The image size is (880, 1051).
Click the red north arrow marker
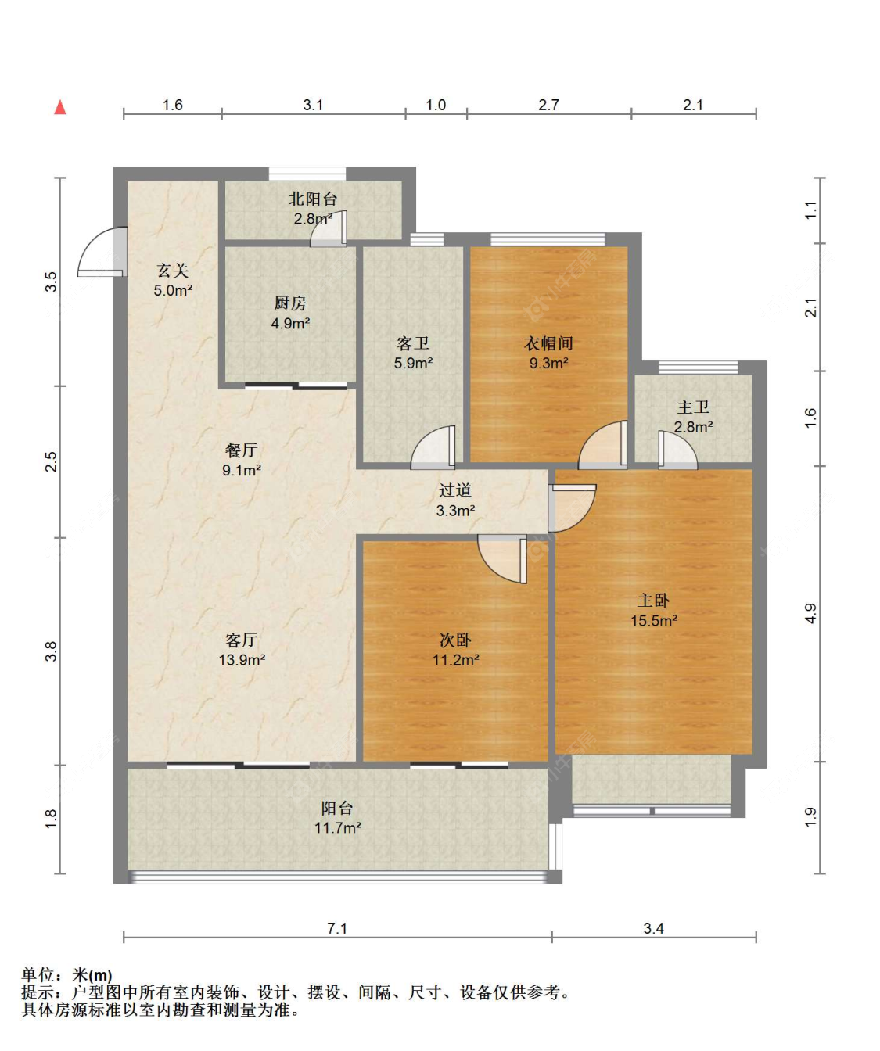pos(60,107)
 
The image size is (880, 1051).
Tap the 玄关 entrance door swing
pos(104,252)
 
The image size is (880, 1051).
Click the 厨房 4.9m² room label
pos(290,313)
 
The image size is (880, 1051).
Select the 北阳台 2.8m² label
pos(313,209)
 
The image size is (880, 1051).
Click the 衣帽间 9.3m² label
pos(548,353)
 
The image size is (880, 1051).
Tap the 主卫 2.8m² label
pos(693,417)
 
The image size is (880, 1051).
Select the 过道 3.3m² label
pos(455,500)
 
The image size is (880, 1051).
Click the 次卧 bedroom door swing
pos(502,558)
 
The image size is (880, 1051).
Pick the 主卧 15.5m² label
pos(653,610)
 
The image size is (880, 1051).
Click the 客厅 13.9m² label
pos(242,649)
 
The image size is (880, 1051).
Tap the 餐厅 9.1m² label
pos(241,460)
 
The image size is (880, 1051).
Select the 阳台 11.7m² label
pos(337,817)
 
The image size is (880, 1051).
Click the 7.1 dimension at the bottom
pos(337,928)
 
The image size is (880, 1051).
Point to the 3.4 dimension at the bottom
pos(653,928)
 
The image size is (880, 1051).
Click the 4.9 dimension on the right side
pos(810,613)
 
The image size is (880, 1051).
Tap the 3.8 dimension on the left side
pos(51,651)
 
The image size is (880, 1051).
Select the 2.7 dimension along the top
pos(548,105)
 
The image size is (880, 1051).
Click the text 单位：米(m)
pos(66,975)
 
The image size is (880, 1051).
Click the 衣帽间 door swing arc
pos(604,446)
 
